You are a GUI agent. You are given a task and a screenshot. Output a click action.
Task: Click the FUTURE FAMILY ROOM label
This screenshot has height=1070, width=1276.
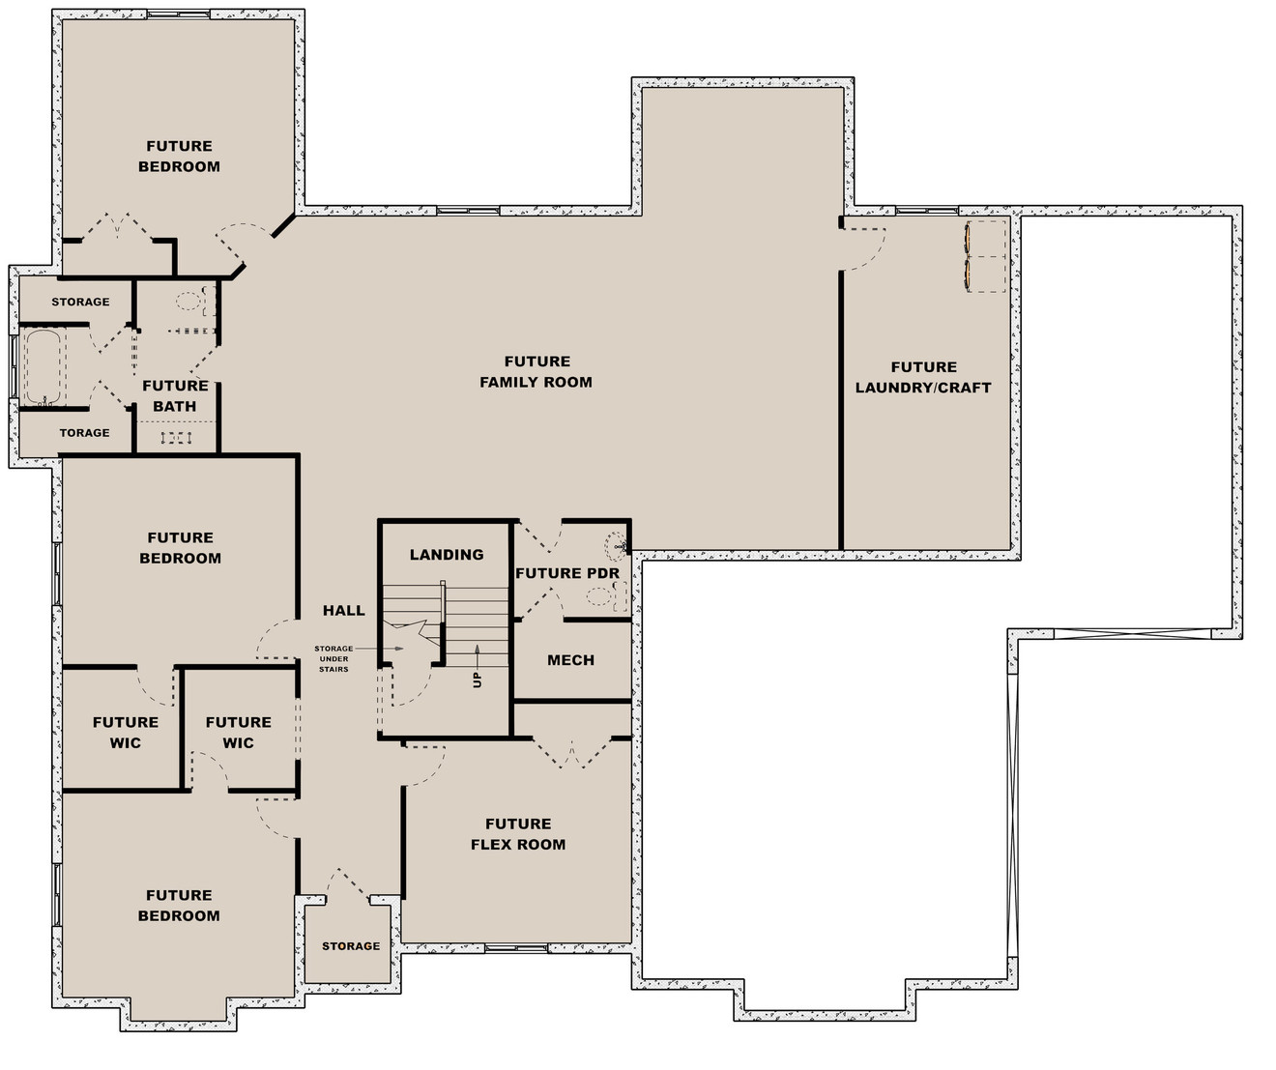click(536, 371)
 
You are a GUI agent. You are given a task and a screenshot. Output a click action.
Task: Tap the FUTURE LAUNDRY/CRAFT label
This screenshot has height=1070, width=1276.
click(923, 377)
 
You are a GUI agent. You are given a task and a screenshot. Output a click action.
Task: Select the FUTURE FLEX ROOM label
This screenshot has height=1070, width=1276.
click(518, 833)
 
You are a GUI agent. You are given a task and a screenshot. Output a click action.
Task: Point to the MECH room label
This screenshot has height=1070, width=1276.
click(570, 660)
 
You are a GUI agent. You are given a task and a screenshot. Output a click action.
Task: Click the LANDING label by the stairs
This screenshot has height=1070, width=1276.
click(446, 555)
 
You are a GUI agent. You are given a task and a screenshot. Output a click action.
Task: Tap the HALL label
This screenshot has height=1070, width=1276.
click(344, 610)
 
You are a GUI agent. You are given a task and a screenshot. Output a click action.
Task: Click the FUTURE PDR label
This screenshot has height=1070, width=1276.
click(566, 573)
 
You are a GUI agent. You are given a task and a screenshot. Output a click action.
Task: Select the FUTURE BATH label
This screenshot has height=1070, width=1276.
click(175, 395)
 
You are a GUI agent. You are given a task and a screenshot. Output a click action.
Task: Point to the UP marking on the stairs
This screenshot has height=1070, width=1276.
click(477, 680)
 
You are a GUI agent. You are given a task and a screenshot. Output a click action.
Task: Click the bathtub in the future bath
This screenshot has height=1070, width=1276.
click(43, 367)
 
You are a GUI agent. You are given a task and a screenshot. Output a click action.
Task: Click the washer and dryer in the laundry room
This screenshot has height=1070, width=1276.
click(986, 256)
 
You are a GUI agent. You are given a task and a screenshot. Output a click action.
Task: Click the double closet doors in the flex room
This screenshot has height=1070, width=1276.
click(573, 753)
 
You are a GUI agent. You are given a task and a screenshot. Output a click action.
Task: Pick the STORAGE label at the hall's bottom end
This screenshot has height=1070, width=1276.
click(351, 946)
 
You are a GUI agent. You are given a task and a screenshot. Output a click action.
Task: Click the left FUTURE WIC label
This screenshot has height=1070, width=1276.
click(125, 732)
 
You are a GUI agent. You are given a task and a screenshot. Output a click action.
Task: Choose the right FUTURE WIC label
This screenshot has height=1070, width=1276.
click(238, 732)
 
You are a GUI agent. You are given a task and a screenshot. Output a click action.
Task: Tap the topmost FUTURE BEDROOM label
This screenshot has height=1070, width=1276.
click(179, 156)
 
